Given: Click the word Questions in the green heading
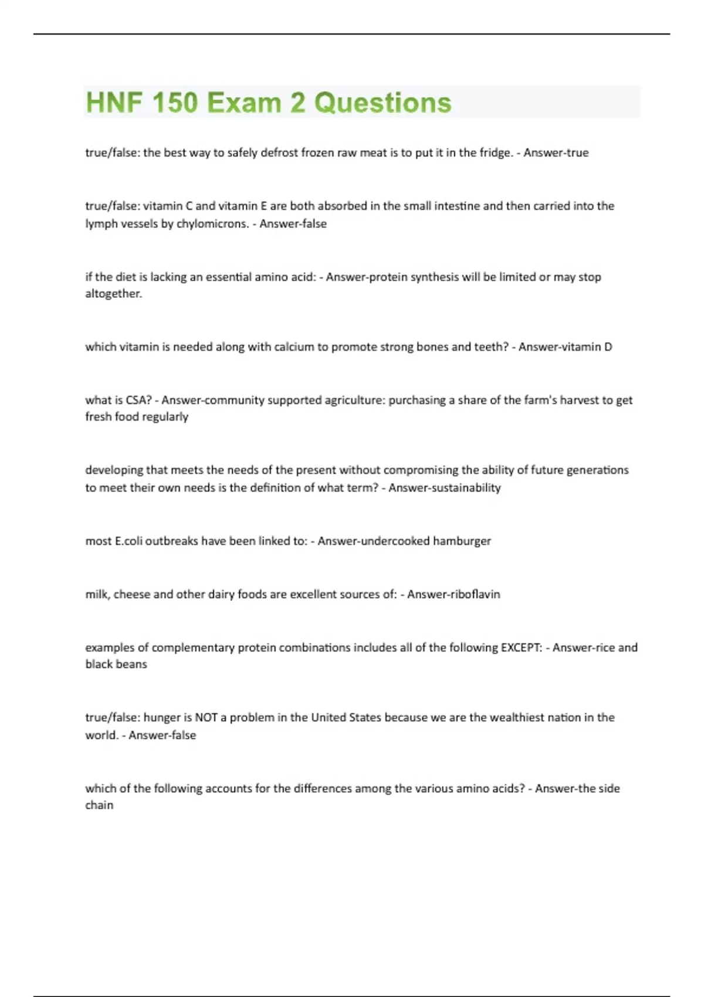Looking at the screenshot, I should [x=383, y=103].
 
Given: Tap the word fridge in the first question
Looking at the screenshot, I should [x=495, y=152].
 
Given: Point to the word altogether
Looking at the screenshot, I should [x=113, y=293].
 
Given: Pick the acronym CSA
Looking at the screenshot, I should [x=138, y=400].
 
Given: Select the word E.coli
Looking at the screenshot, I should [x=128, y=541].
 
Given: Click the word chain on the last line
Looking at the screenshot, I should [x=99, y=805].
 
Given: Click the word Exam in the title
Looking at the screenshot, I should [x=243, y=103].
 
